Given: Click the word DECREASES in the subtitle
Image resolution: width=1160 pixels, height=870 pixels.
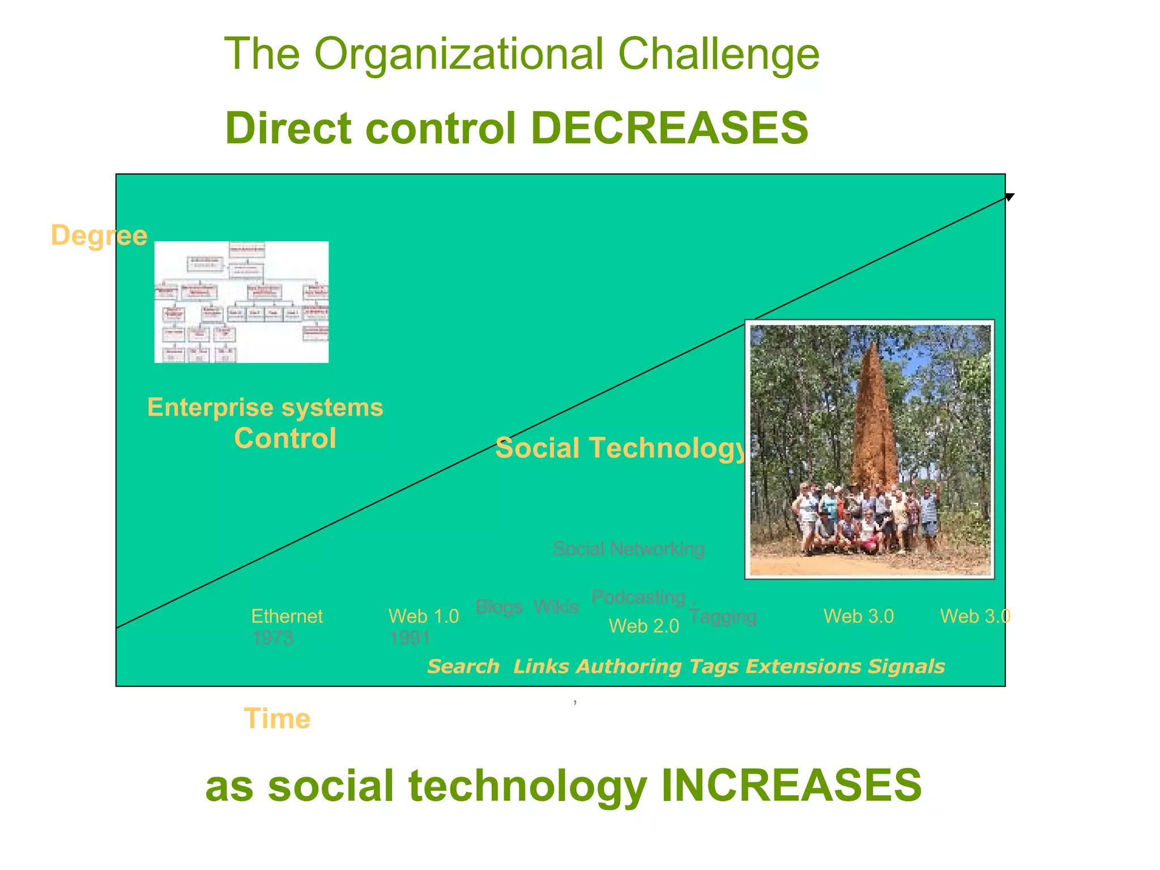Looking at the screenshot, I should click(x=669, y=128).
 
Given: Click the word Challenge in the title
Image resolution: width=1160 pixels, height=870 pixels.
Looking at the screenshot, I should click(x=718, y=54).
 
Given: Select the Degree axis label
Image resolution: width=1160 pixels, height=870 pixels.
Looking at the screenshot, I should click(x=99, y=235).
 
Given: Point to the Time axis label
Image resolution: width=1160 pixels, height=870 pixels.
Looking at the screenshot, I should click(x=277, y=719).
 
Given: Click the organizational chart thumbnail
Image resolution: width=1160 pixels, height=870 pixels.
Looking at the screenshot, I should click(x=241, y=302).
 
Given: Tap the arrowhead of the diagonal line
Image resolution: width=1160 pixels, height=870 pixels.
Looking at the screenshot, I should click(x=1009, y=197).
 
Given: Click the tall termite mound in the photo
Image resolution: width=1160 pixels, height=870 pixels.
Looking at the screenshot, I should click(x=875, y=419).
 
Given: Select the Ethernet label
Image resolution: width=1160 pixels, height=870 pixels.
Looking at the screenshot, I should click(x=287, y=616).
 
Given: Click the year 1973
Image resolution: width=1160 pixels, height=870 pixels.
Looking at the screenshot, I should click(x=272, y=638).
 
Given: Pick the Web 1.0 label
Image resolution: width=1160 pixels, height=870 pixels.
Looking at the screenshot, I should click(x=424, y=616).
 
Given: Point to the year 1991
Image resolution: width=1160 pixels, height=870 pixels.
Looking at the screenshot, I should click(x=409, y=638).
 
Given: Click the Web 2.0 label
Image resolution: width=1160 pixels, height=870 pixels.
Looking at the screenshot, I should click(x=643, y=626).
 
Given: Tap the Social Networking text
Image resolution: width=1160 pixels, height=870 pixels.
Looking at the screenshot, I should click(x=629, y=549).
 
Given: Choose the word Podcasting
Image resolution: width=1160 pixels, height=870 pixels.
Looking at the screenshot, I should click(x=638, y=597).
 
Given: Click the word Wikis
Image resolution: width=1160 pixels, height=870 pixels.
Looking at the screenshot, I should click(x=556, y=607).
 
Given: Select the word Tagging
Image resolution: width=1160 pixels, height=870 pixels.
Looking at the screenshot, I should click(x=723, y=616).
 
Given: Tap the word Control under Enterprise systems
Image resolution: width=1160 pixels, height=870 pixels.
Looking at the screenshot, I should click(x=285, y=438).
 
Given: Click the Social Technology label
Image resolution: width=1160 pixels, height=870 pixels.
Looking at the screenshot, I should click(x=621, y=448).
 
